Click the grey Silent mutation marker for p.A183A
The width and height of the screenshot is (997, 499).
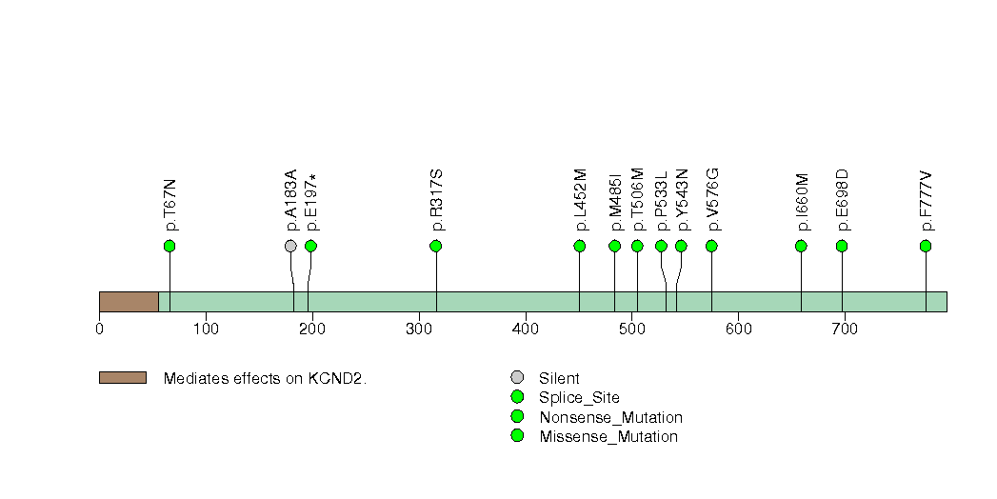290,246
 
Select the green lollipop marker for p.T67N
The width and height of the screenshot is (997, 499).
169,246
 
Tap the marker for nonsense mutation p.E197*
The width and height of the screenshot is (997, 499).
310,246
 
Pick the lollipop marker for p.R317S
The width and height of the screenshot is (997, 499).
436,246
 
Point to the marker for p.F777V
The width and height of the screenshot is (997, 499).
926,246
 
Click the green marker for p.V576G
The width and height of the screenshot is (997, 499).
711,246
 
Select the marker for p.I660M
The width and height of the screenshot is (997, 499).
801,246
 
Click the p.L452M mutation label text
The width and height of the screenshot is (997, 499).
581,200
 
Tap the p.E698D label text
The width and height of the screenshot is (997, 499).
843,200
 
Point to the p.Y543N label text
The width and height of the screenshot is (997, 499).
682,200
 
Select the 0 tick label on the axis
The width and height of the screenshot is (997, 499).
99,329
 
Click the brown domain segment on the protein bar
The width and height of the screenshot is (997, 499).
129,301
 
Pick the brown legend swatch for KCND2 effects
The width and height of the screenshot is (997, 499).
122,378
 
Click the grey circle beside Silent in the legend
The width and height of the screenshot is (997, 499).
517,378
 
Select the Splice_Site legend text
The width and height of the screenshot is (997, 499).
579,398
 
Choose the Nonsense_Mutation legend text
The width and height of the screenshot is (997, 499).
610,417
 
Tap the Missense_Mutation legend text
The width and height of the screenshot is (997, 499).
608,436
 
